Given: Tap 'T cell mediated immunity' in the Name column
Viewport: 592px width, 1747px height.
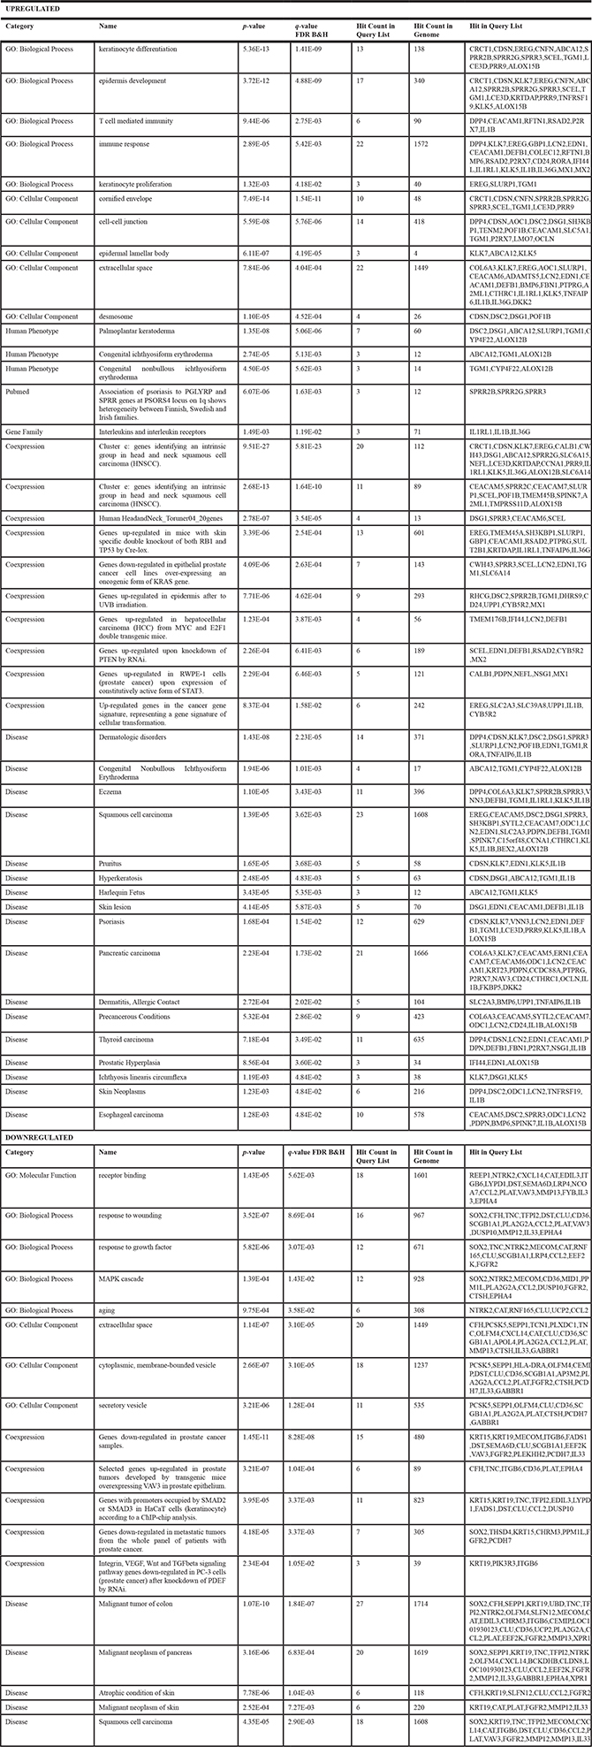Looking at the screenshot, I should pos(135,121).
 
